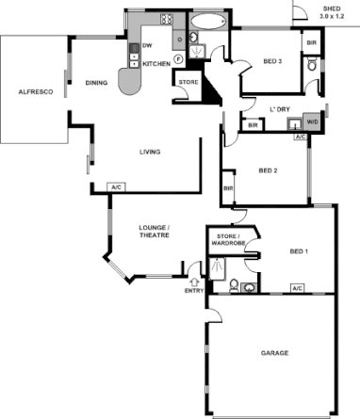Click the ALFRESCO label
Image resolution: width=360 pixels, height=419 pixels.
pyautogui.click(x=34, y=91)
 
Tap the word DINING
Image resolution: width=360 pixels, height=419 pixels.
pyautogui.click(x=96, y=83)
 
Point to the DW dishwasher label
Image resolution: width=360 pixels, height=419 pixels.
pyautogui.click(x=147, y=44)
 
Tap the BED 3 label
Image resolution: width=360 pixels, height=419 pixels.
pyautogui.click(x=273, y=62)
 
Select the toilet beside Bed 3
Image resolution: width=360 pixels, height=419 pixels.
pyautogui.click(x=311, y=65)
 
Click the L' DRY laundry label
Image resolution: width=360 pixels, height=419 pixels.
pyautogui.click(x=277, y=107)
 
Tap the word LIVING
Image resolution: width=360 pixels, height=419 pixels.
pyautogui.click(x=149, y=152)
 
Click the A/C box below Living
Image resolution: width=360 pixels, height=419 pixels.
pyautogui.click(x=118, y=187)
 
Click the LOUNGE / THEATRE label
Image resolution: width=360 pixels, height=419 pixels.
pyautogui.click(x=154, y=233)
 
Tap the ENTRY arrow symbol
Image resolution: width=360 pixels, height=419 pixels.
pyautogui.click(x=195, y=280)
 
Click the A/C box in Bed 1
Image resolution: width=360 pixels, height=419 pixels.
pyautogui.click(x=297, y=288)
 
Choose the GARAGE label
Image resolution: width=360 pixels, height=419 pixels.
pyautogui.click(x=274, y=353)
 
